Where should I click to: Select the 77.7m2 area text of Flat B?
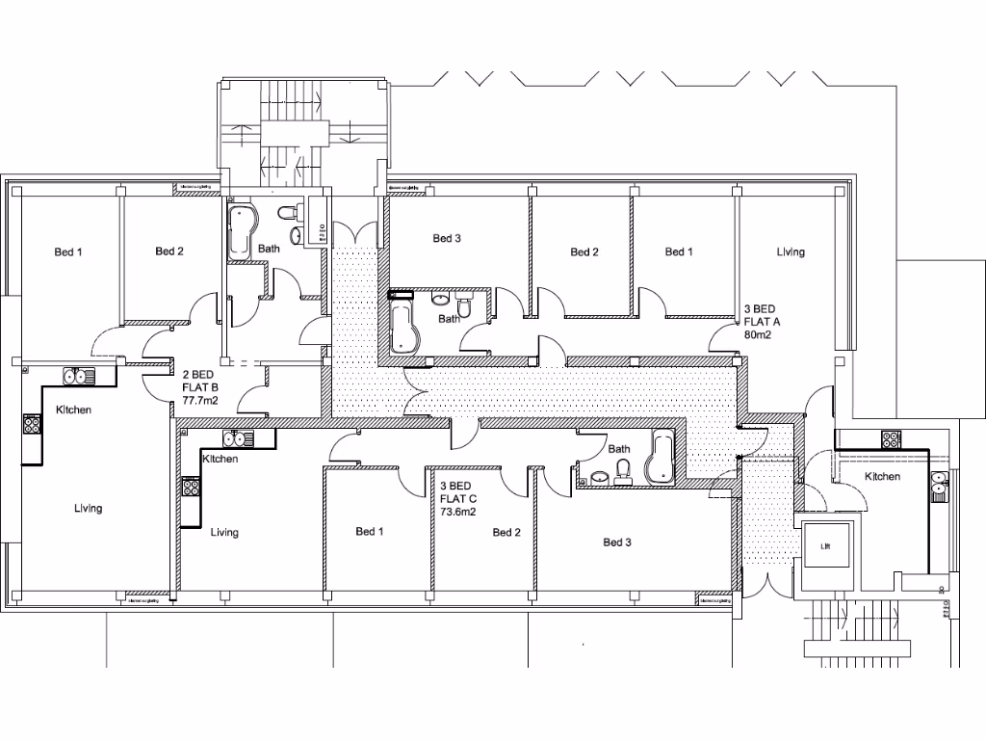pos(200,401)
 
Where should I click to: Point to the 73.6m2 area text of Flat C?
pos(458,514)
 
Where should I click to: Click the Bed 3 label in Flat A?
pos(448,238)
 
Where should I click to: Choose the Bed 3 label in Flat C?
pos(617,542)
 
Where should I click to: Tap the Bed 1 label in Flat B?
pos(67,252)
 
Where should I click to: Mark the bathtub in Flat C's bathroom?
pos(662,459)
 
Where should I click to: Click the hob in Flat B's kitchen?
pos(32,423)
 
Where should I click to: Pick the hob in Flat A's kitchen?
pos(889,439)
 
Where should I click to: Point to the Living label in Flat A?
pos(791,252)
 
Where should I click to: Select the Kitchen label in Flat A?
pos(882,477)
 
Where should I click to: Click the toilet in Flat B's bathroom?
pos(287,213)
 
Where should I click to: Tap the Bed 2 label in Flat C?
pos(506,532)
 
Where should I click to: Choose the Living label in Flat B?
pos(88,508)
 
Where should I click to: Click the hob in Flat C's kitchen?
pos(189,487)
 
